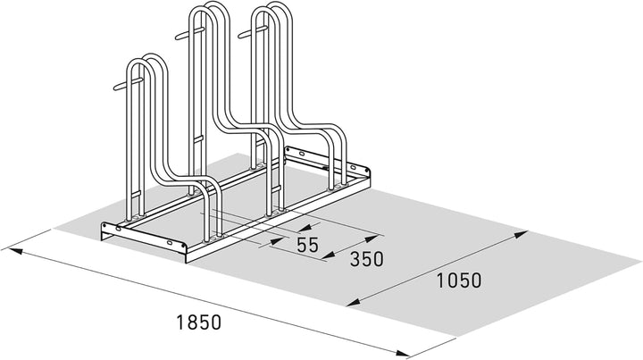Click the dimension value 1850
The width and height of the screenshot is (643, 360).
pos(199,322)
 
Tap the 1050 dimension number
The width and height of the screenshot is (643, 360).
pos(459,280)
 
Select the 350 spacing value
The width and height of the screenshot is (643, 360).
pos(367,259)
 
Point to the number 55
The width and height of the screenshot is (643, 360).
pos(307,245)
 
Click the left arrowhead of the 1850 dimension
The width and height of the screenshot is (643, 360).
pos(12,250)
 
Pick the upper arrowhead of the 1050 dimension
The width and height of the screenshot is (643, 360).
pos(521,234)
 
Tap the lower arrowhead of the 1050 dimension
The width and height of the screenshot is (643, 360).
pos(354,303)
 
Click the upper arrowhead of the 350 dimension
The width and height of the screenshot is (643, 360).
pos(372,239)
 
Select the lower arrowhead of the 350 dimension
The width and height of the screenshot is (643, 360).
pos(329,256)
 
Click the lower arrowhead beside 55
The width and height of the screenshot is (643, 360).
pos(276,241)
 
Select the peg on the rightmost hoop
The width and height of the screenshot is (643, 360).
pos(253,32)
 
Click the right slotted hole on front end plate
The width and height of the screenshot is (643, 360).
pos(171,244)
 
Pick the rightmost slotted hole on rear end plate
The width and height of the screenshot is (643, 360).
pos(353,168)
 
